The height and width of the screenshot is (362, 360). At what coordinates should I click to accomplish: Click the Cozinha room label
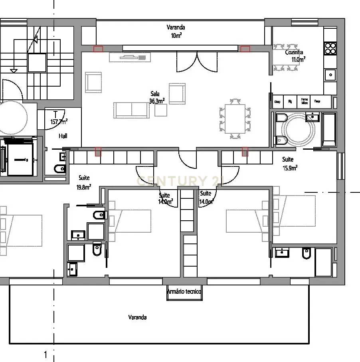[x=294, y=52]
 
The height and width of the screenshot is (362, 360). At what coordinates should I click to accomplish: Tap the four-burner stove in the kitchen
[x=330, y=48]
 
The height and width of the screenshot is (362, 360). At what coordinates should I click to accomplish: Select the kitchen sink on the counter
[x=330, y=74]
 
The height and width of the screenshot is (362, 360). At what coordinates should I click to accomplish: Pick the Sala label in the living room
[x=155, y=94]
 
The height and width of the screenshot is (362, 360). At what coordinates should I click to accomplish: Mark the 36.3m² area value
[x=157, y=101]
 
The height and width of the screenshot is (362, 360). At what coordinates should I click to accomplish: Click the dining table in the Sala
[x=235, y=119]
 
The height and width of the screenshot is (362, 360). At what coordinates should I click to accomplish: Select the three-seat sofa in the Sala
[x=131, y=110]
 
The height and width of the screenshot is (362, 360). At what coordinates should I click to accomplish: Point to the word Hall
[x=63, y=136]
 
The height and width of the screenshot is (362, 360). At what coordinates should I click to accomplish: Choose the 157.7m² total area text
[x=59, y=122]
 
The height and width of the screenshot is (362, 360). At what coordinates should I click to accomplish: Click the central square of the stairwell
[x=38, y=63]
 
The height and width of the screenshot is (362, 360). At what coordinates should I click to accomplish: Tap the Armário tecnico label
[x=184, y=292]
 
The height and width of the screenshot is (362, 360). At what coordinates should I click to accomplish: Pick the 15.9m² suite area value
[x=290, y=168]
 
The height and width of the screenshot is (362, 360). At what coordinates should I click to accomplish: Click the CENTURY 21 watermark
[x=180, y=181]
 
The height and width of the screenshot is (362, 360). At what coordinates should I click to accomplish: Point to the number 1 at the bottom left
[x=45, y=354]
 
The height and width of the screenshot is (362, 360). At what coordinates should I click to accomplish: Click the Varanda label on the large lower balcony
[x=137, y=317]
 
